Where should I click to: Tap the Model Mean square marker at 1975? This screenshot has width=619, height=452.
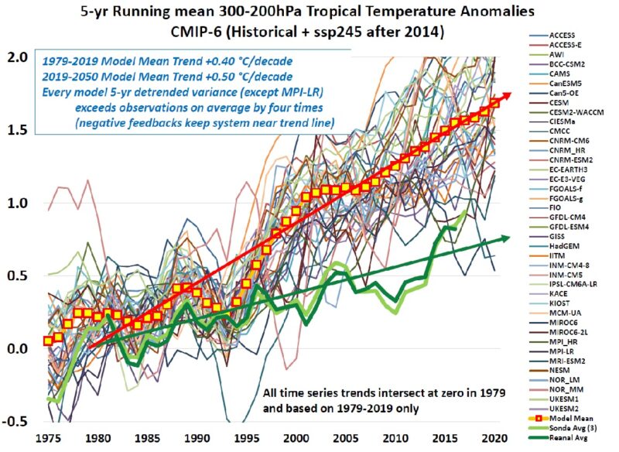48,341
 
